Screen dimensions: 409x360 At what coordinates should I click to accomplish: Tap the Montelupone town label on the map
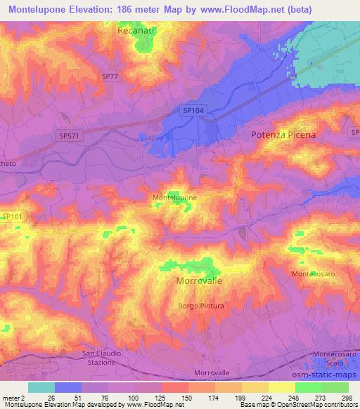(x=174, y=199)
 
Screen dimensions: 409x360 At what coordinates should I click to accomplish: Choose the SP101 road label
(x=12, y=218)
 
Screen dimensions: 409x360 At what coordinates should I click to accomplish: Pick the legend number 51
(x=82, y=397)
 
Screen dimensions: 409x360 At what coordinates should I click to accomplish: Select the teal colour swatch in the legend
(x=41, y=387)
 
